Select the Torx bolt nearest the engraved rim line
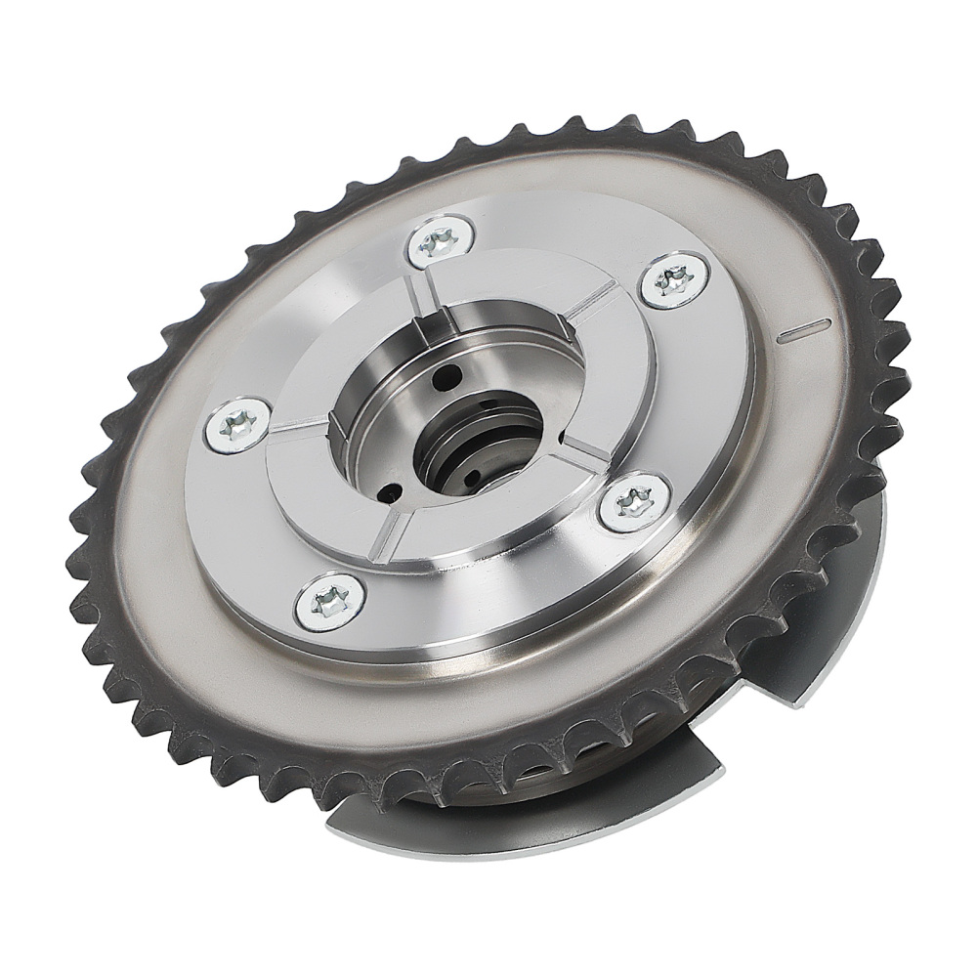point(675,279)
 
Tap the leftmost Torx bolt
point(237,423)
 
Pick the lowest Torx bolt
point(330,602)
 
